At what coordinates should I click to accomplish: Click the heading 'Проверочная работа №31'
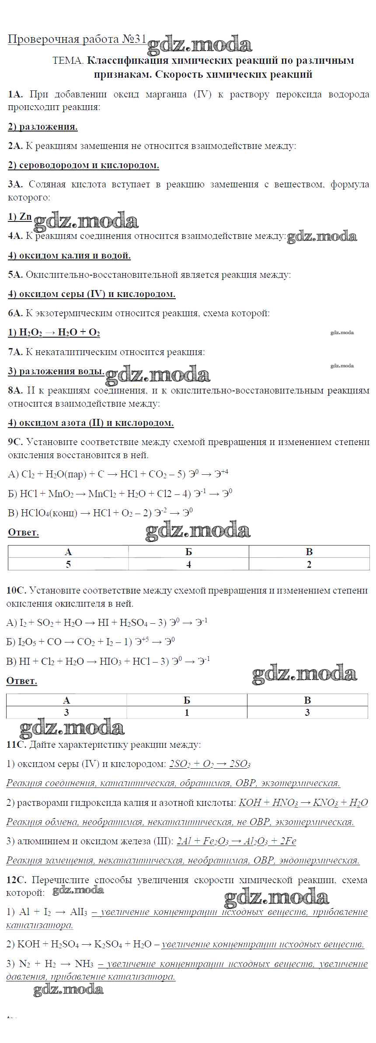pos(77,39)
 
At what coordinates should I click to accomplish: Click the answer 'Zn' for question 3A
pos(26,217)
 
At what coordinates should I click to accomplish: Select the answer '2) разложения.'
pos(42,127)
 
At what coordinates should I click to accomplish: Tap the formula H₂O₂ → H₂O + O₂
pos(54,333)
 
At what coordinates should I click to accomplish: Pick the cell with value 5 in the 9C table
pos(68,564)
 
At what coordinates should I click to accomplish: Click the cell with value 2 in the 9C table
pos(309,564)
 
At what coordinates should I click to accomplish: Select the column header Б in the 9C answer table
pos(188,552)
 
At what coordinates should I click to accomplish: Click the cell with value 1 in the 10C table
pos(187,712)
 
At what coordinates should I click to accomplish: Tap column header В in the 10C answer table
pos(307,700)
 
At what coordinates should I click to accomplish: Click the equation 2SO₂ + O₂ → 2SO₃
pos(209,764)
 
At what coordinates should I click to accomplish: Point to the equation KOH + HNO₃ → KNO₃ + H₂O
pos(303,803)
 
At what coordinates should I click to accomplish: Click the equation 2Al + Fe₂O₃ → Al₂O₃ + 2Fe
pos(236,841)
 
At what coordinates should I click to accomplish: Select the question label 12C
pos(17,880)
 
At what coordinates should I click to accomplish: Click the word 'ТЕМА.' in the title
pos(68,61)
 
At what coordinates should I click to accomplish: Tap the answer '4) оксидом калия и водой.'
pos(69,256)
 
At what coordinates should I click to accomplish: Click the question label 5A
pos(15,275)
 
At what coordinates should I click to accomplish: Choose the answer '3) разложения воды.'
pos(56,372)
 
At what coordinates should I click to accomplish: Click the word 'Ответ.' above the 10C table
pos(21,681)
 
